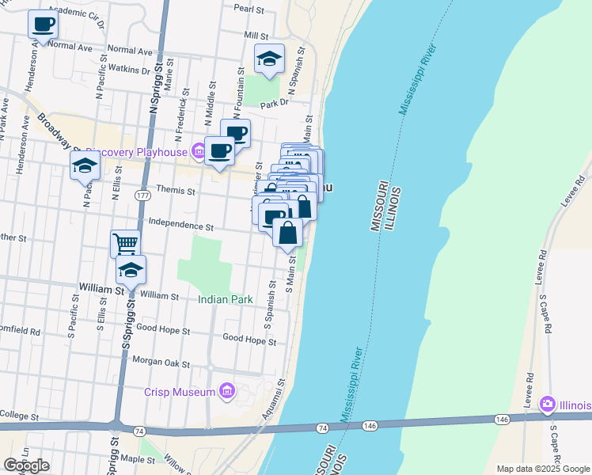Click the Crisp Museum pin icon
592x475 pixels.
coord(227,391)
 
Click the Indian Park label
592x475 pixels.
coord(226,300)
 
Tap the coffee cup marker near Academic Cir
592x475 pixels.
coord(43,24)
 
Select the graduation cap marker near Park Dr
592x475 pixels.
coord(269,59)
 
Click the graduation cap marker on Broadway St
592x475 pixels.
coord(85,166)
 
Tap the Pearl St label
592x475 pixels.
coord(249,9)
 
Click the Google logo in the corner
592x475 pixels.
coord(26,465)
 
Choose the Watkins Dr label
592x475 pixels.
coord(129,70)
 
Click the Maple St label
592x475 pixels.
coord(138,459)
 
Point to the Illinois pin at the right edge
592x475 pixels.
coord(547,405)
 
